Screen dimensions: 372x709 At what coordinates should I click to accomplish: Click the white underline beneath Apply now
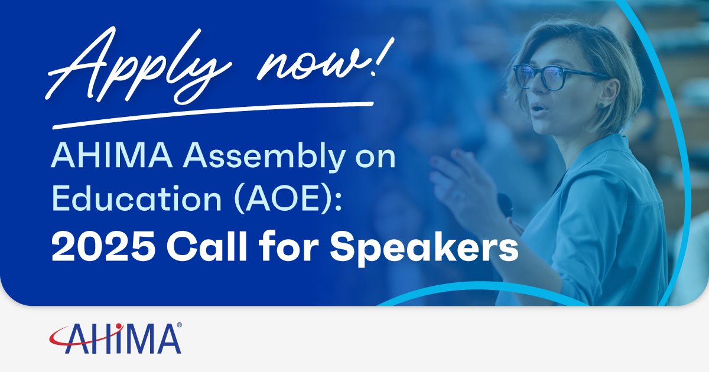(213, 115)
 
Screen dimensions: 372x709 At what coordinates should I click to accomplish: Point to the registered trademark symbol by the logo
(178, 325)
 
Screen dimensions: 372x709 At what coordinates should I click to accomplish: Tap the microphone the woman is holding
(505, 204)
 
